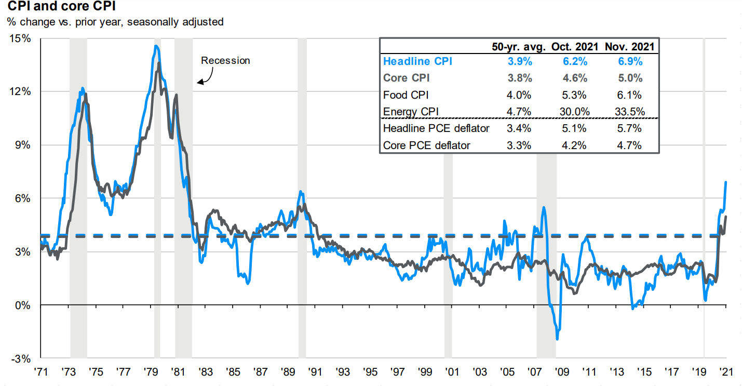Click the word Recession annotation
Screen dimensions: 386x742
(225, 60)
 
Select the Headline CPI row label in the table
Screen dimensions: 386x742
(417, 61)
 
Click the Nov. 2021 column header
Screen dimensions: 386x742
(629, 46)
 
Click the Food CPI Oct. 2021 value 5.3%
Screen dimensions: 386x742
(574, 95)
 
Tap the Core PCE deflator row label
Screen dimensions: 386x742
(426, 145)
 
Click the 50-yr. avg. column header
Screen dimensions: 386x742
(518, 46)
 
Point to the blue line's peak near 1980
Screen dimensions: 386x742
(156, 46)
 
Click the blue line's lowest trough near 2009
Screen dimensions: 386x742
(557, 339)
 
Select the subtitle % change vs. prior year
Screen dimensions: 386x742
(115, 22)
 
